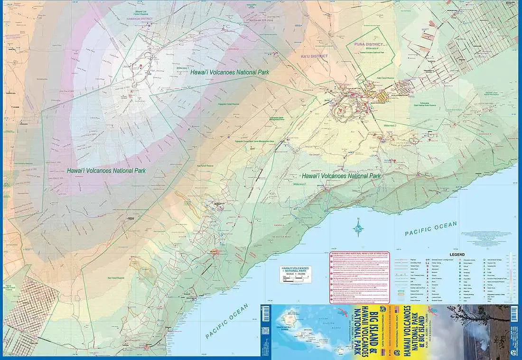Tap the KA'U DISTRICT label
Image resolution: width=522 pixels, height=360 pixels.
314,56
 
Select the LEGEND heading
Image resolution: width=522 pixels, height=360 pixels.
457,255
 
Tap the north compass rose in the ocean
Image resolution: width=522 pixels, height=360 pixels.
358,230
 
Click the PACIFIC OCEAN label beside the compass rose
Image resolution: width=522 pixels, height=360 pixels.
430,229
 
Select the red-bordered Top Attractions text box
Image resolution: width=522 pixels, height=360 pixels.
359,277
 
